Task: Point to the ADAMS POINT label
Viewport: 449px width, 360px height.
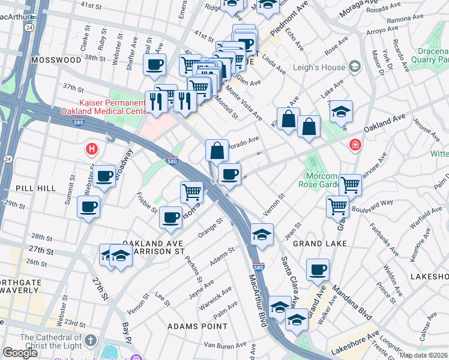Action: (197, 326)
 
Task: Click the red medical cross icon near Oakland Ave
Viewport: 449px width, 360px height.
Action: (356, 145)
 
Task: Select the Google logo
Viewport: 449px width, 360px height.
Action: (20, 353)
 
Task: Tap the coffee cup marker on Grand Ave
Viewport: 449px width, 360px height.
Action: (318, 269)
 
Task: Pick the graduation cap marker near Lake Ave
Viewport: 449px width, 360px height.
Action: (341, 111)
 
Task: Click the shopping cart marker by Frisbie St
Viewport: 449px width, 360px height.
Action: (191, 192)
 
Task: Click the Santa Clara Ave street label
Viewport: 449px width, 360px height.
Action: (289, 281)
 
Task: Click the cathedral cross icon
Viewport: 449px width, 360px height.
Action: (90, 341)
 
